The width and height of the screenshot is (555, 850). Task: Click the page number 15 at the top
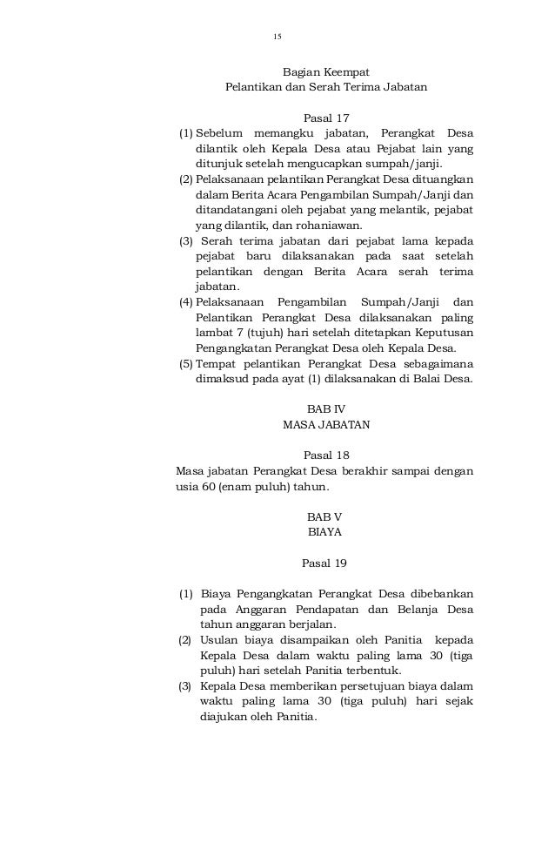[x=277, y=37]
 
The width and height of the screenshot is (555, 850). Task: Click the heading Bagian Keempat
[x=326, y=72]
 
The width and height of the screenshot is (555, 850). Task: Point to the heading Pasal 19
[x=325, y=562]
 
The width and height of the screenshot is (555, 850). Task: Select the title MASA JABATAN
[x=326, y=425]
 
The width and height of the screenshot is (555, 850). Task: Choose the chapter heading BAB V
[x=325, y=516]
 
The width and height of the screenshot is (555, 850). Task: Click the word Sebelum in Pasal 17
[x=219, y=133]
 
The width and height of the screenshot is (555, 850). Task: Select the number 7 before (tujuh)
[x=228, y=333]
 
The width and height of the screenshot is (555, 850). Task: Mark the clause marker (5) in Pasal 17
[x=185, y=364]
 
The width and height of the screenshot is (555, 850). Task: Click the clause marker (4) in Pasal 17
[x=185, y=301]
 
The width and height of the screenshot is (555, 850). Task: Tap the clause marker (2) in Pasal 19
[x=185, y=640]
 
